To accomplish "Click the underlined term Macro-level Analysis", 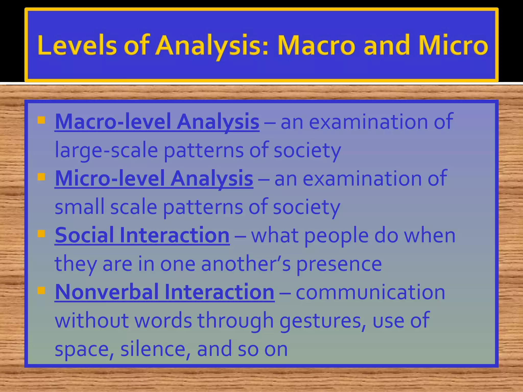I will click(157, 122).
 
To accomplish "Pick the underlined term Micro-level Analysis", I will click(154, 178).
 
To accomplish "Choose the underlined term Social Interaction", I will click(142, 235).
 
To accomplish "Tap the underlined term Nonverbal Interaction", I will click(165, 292).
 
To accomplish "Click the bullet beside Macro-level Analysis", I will click(41, 120).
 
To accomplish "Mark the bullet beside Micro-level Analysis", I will click(41, 177).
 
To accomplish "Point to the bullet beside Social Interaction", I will click(41, 234).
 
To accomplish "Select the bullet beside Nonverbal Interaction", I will click(41, 290).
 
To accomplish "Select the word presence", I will click(339, 264).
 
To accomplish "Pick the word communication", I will click(370, 292).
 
